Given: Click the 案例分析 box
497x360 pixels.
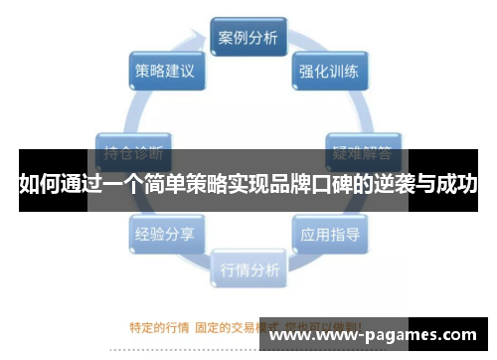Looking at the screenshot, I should [x=248, y=39].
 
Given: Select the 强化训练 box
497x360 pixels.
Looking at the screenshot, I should [x=330, y=71].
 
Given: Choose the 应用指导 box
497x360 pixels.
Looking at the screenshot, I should [x=330, y=235].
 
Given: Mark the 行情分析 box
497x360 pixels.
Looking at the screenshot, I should [x=248, y=268].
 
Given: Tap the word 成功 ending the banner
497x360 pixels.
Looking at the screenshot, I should [x=458, y=184].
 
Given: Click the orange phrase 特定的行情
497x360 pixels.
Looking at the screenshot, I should [x=159, y=326].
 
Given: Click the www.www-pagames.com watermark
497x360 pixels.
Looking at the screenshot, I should [x=378, y=336].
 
